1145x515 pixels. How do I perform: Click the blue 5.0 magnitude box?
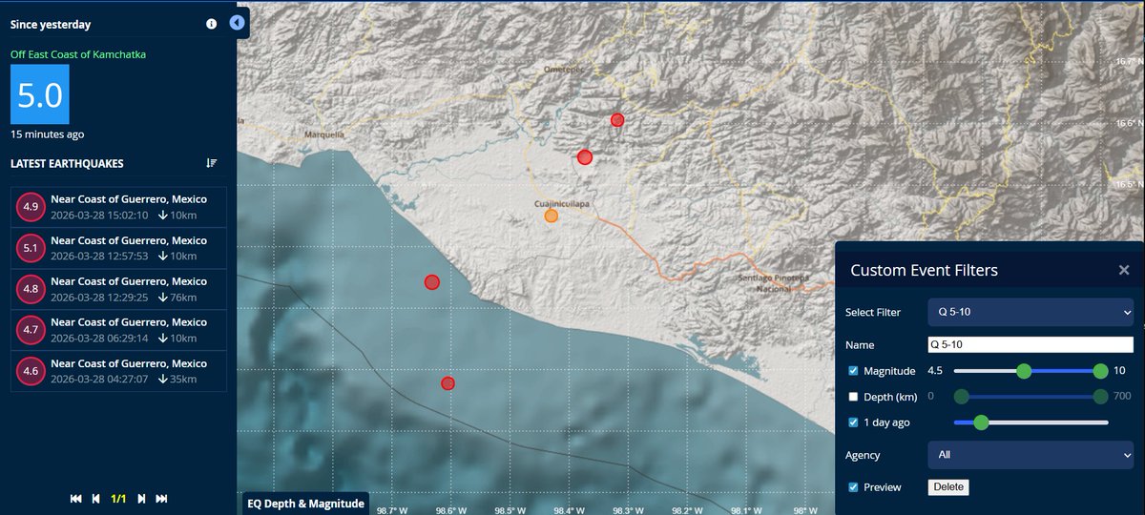39,95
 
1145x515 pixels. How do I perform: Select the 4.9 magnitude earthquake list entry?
119,207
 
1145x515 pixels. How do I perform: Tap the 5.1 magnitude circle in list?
31,249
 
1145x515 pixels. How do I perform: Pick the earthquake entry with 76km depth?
119,289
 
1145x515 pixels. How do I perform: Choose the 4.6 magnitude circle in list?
31,371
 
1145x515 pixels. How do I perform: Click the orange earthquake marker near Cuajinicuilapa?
552,216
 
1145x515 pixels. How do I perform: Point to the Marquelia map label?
323,134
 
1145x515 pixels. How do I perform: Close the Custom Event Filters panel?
1124,271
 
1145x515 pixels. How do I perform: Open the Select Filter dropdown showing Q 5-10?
1030,312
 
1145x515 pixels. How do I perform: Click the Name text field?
1030,345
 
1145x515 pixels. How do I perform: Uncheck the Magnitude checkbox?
854,371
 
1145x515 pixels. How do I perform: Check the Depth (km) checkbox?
854,397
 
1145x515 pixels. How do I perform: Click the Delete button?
948,487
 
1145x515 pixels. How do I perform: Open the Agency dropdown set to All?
1030,455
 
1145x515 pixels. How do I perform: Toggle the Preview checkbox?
854,487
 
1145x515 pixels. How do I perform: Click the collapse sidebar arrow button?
238,23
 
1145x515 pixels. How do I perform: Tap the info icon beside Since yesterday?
211,24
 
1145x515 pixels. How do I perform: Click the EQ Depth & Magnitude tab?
306,504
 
